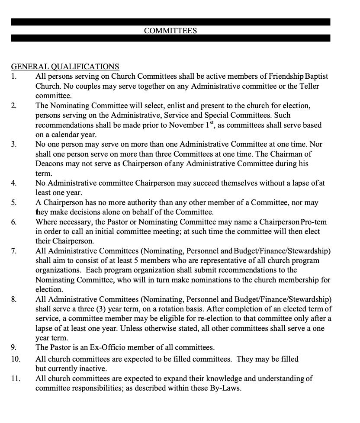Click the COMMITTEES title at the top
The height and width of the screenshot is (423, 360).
(170, 31)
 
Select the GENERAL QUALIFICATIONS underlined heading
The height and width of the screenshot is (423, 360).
(65, 67)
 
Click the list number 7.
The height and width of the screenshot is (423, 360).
(14, 251)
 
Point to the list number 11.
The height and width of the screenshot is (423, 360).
(16, 378)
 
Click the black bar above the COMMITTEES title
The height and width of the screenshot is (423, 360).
(170, 22)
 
